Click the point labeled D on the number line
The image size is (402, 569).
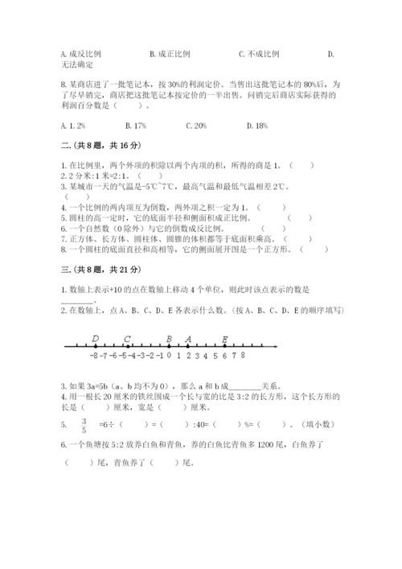pyautogui.click(x=96, y=339)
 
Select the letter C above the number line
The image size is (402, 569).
pyautogui.click(x=128, y=339)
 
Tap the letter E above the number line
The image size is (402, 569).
pyautogui.click(x=224, y=339)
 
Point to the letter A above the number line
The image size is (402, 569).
pyautogui.click(x=188, y=339)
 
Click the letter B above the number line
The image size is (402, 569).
pyautogui.click(x=169, y=339)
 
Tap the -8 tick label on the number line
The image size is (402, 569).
pyautogui.click(x=94, y=354)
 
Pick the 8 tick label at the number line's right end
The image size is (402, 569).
pyautogui.click(x=242, y=354)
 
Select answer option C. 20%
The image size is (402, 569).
pyautogui.click(x=196, y=126)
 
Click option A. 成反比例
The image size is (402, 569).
pyautogui.click(x=80, y=54)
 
